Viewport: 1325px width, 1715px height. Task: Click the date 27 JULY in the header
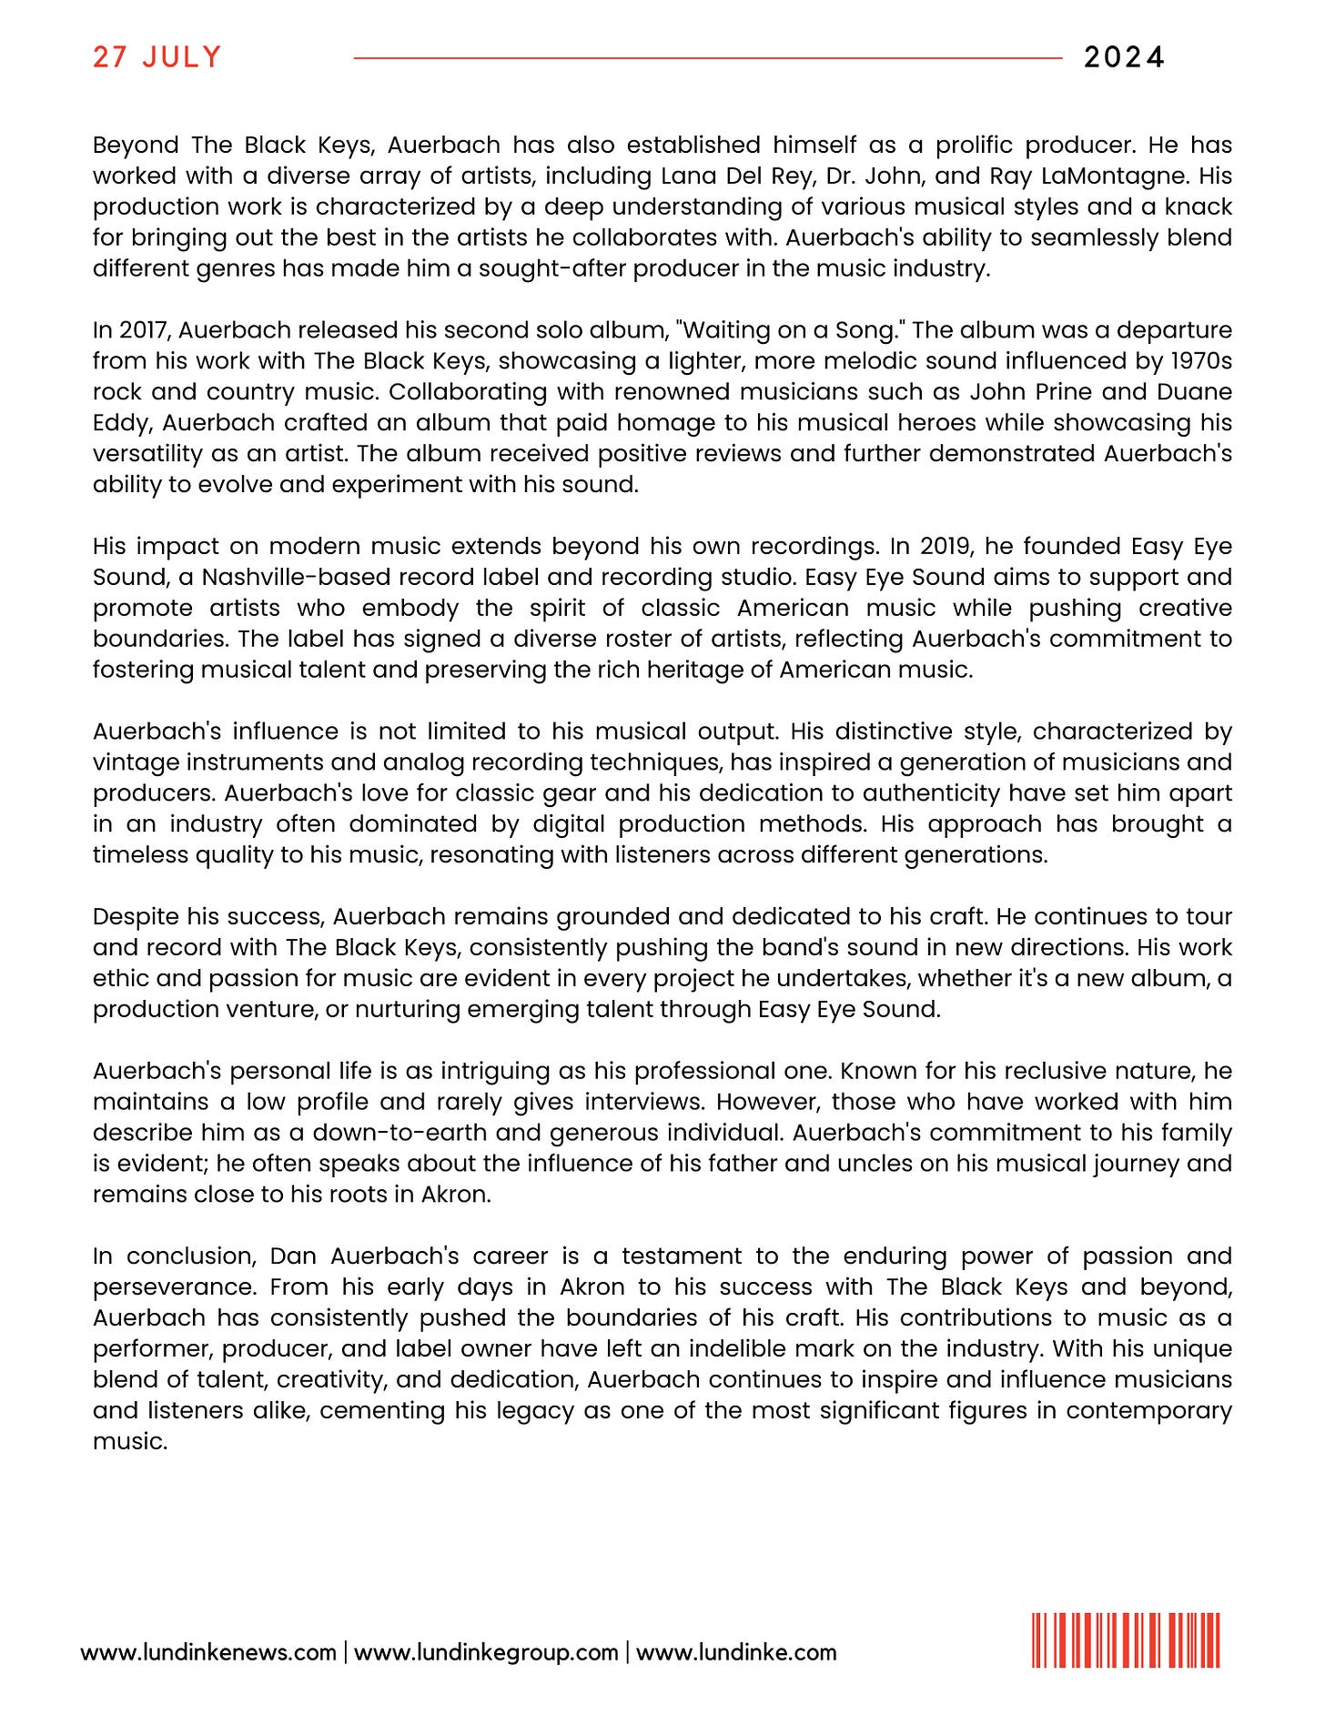click(157, 57)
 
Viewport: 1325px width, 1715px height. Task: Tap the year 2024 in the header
click(1124, 57)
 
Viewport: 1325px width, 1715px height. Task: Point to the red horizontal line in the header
click(707, 58)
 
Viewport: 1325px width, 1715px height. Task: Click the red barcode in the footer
click(1126, 1640)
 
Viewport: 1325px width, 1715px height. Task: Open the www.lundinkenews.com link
click(208, 1652)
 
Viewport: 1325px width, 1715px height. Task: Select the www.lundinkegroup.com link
click(486, 1652)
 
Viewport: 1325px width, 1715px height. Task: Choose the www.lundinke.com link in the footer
click(736, 1652)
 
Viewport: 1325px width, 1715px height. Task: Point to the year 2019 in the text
click(945, 546)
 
